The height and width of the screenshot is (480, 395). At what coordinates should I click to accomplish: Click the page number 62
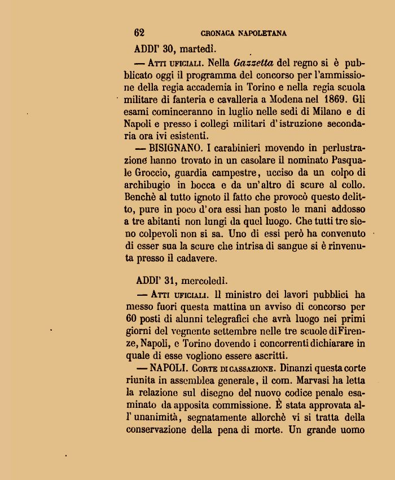tap(139, 33)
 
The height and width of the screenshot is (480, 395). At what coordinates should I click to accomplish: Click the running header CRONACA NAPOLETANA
tap(243, 33)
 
